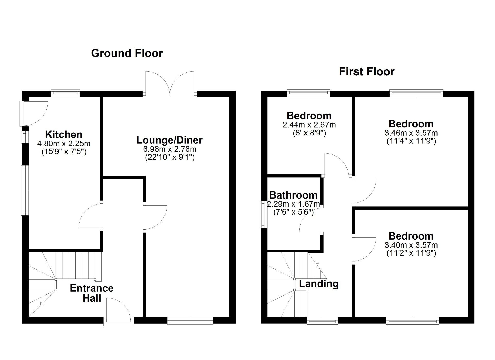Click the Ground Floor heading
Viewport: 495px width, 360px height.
tap(127, 53)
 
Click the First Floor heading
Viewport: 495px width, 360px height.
tap(367, 71)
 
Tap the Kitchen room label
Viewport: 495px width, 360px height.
tap(64, 134)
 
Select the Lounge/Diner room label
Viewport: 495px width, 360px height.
tap(169, 140)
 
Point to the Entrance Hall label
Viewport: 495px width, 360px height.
tap(92, 293)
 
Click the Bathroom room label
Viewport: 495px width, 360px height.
tap(293, 195)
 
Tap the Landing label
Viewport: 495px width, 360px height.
tap(319, 284)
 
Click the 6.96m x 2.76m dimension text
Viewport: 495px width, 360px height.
tap(170, 149)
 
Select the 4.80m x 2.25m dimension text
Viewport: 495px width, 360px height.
tap(64, 143)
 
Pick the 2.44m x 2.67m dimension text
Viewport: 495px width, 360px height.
tap(309, 125)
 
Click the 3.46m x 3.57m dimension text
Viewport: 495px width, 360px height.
tap(411, 133)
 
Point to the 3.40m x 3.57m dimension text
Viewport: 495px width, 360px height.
tap(411, 245)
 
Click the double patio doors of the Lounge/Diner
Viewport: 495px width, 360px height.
tap(170, 83)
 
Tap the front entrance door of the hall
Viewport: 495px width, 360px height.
tap(119, 312)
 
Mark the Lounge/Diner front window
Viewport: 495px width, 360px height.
tap(190, 321)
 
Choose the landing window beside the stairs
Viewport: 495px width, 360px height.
tap(322, 321)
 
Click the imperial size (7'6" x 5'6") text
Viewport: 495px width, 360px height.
tap(293, 212)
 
